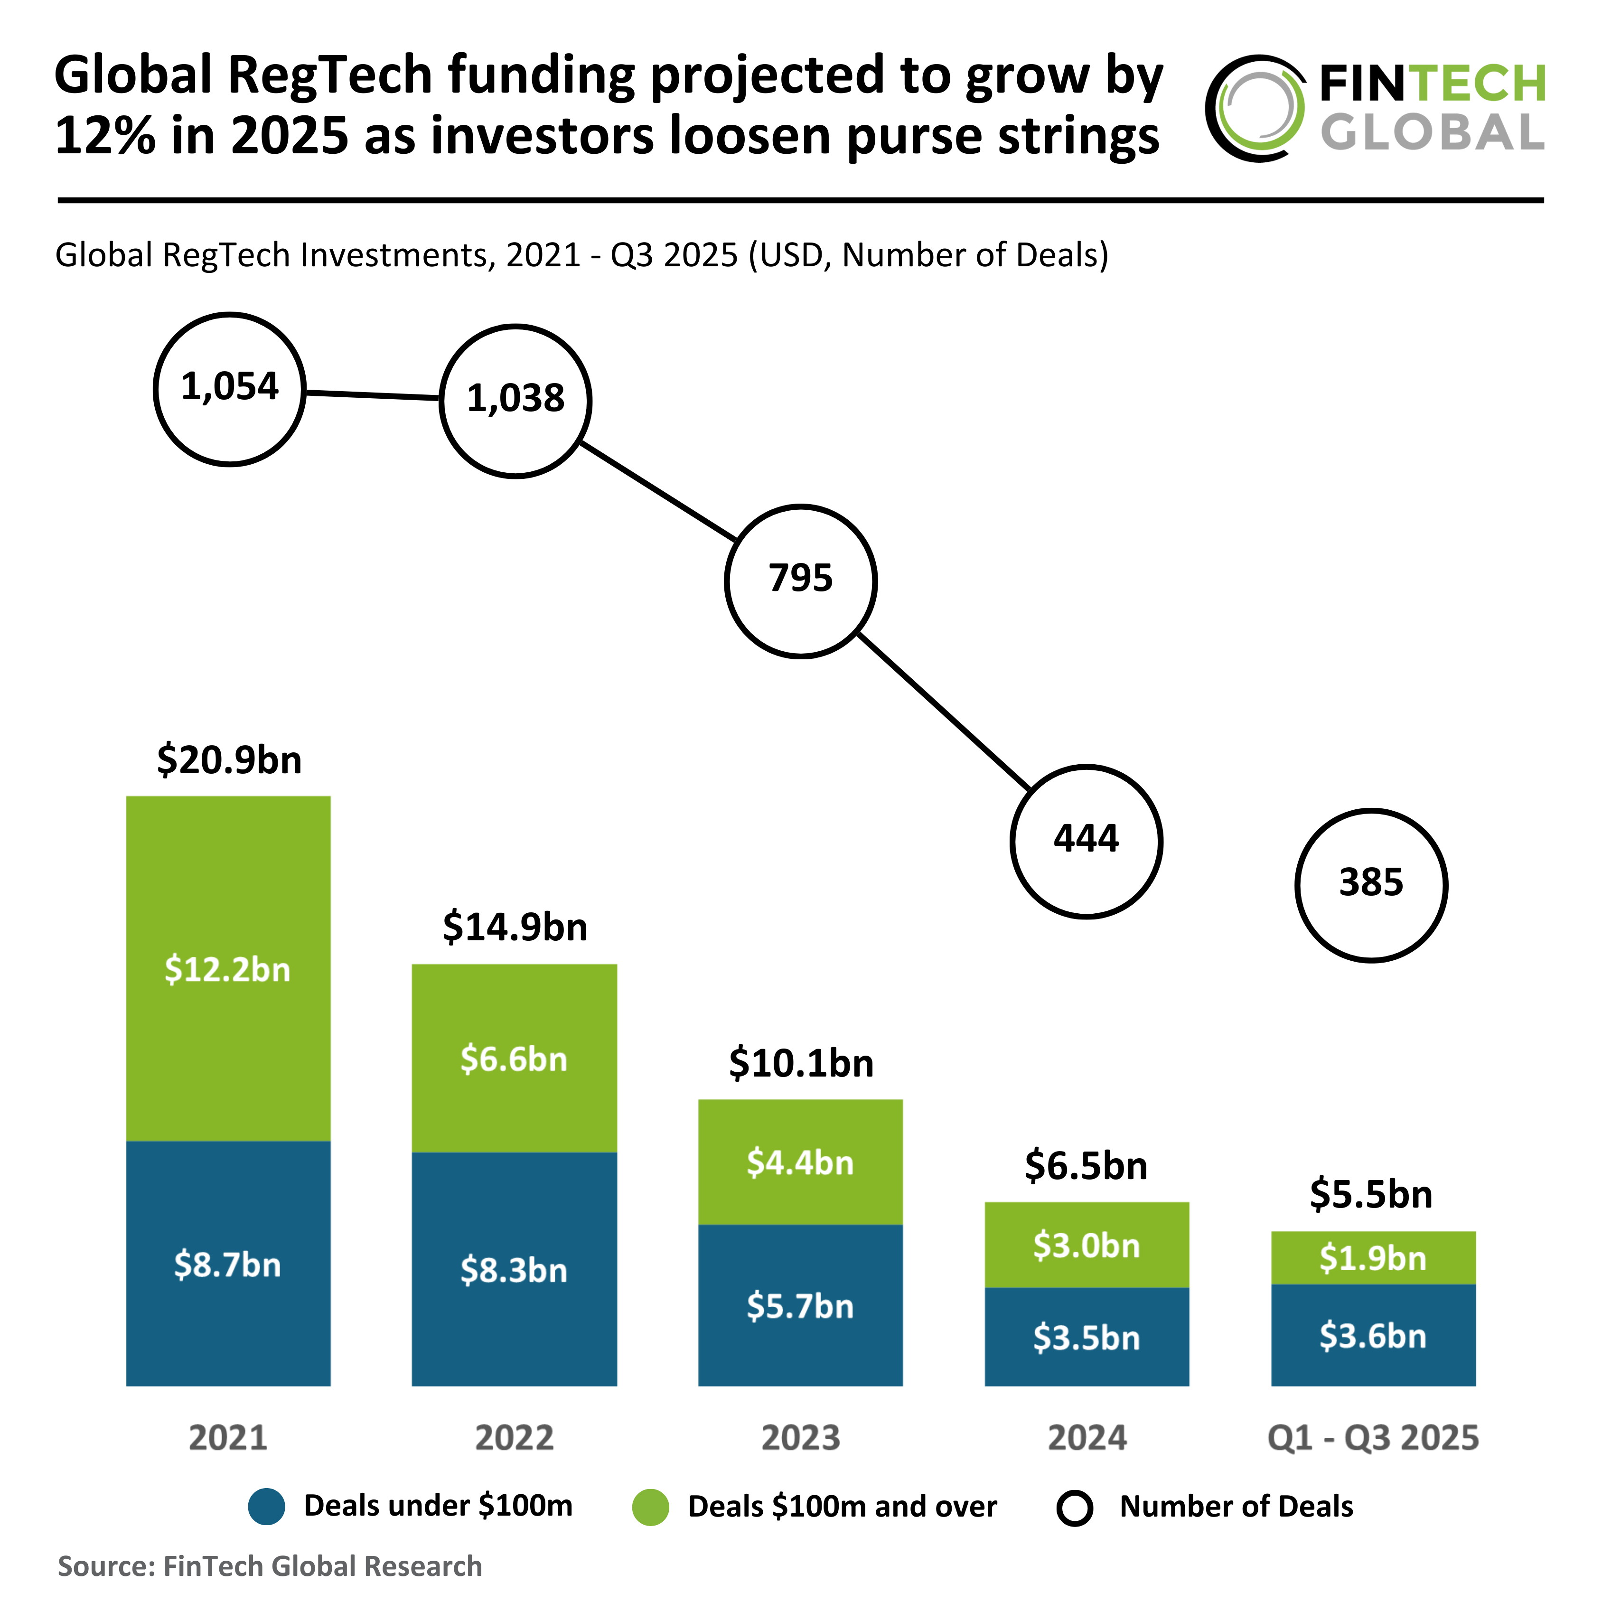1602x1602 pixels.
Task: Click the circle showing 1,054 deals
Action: pyautogui.click(x=230, y=389)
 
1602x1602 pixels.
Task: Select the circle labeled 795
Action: pyautogui.click(x=800, y=581)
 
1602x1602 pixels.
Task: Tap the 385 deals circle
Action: pyautogui.click(x=1371, y=885)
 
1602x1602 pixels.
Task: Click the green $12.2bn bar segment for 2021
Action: pyautogui.click(x=228, y=968)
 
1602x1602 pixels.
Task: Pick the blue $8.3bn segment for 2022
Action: pyautogui.click(x=514, y=1269)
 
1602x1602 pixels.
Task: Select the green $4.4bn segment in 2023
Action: pyautogui.click(x=800, y=1162)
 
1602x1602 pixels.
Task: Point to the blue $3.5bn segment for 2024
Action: pyautogui.click(x=1086, y=1337)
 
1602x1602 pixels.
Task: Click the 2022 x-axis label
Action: pyautogui.click(x=514, y=1437)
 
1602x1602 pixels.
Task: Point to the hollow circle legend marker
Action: pyautogui.click(x=1075, y=1508)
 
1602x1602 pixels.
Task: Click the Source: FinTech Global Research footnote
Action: pyautogui.click(x=270, y=1565)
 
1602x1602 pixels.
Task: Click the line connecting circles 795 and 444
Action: pyautogui.click(x=944, y=712)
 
